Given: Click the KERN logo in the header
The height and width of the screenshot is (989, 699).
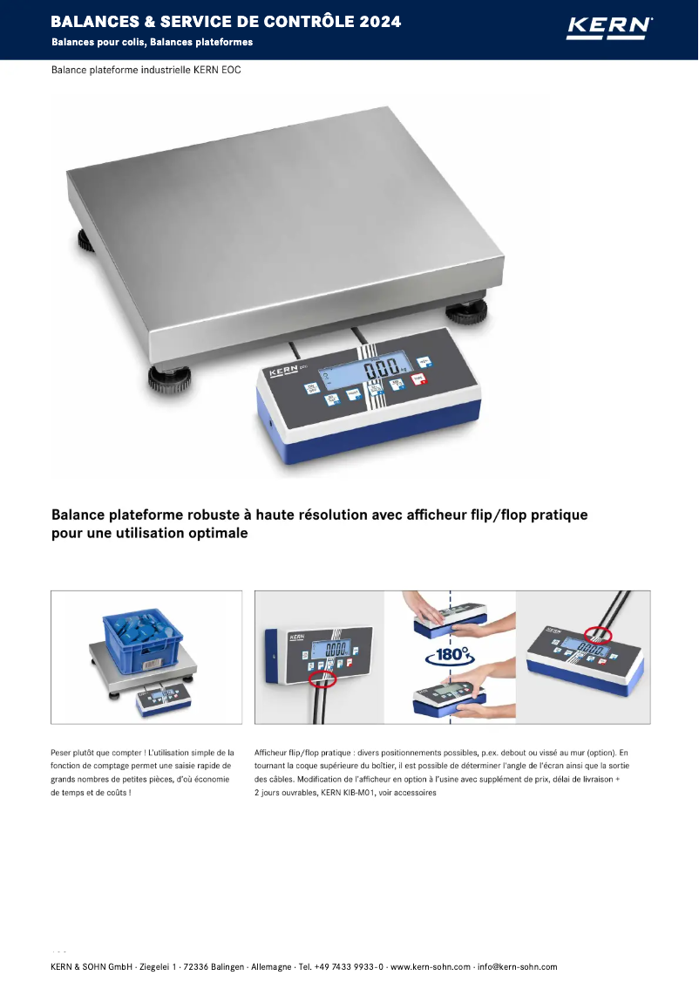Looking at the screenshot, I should point(608,28).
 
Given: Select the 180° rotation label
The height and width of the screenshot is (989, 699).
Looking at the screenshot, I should point(450,654).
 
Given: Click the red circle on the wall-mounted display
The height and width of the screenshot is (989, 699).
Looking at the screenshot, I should point(322,679).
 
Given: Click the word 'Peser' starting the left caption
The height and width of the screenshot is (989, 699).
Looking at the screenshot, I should point(64,751).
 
